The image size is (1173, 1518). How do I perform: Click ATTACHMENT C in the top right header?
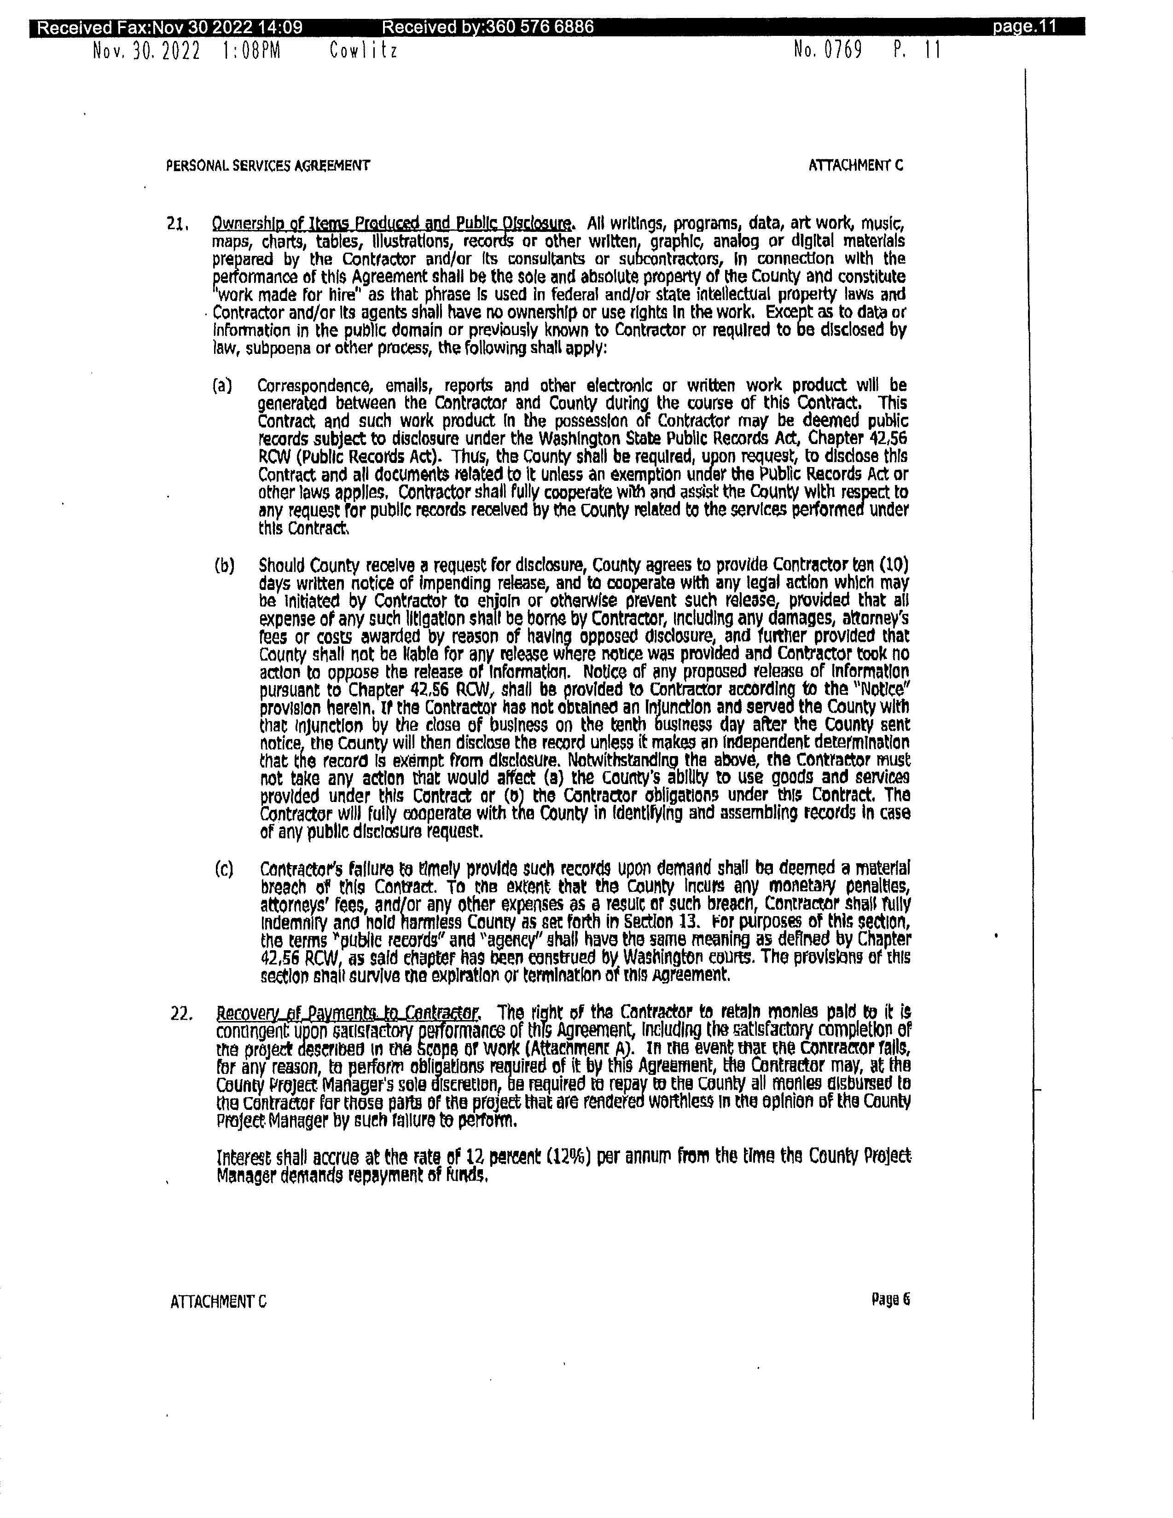[x=855, y=166]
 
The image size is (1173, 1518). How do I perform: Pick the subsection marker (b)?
[x=224, y=565]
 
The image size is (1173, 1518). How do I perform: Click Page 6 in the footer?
[x=890, y=1299]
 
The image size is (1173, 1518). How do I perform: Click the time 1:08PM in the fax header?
[x=252, y=51]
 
